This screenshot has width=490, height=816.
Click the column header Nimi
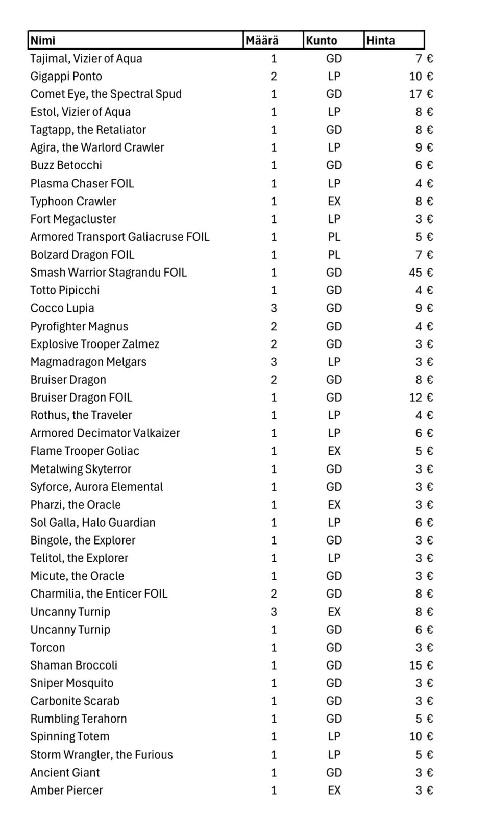pos(43,40)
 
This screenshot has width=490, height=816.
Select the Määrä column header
pos(262,40)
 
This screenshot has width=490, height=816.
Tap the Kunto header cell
pos(322,40)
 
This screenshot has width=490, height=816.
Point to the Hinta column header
pos(380,40)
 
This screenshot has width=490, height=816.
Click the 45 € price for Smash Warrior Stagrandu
pos(421,273)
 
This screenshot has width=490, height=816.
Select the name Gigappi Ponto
pos(66,77)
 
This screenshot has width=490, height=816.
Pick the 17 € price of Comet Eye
pos(421,94)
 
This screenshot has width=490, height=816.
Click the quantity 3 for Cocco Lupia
pos(274,308)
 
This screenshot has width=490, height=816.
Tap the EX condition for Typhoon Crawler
pos(334,201)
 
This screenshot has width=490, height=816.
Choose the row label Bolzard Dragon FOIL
pos(82,255)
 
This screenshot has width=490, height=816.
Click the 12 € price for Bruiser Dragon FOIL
pos(421,398)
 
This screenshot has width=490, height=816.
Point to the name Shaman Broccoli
pos(73,665)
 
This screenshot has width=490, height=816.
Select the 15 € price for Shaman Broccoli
pos(421,665)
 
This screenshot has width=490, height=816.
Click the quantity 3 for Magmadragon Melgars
pos(274,362)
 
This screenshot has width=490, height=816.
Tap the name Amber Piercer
pos(66,790)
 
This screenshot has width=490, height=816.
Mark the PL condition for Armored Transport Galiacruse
pos(334,237)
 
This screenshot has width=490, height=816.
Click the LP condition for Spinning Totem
pos(334,736)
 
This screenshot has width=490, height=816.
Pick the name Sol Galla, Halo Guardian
pos(92,523)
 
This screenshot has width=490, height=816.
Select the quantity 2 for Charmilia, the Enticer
pos(274,594)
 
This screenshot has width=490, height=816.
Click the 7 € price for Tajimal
pos(424,59)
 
